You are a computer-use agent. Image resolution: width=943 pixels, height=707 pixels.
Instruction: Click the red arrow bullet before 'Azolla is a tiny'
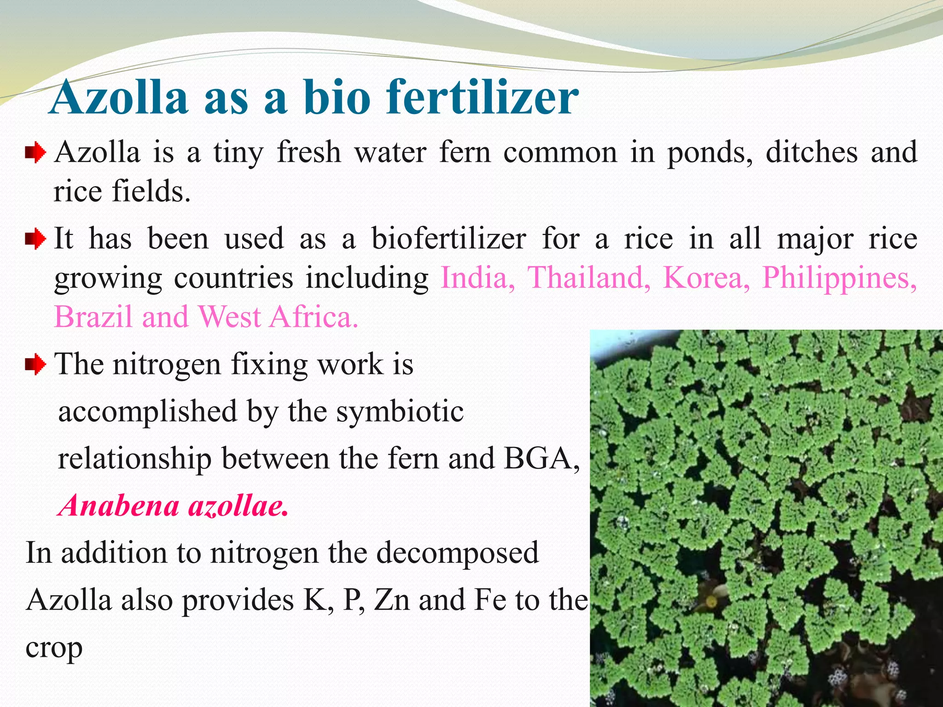tap(35, 153)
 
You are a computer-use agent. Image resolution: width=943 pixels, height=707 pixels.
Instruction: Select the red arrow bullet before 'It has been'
tap(35, 239)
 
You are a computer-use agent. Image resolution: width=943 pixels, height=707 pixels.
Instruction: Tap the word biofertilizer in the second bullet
tap(448, 239)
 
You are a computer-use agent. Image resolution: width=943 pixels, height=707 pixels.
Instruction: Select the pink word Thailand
tap(588, 278)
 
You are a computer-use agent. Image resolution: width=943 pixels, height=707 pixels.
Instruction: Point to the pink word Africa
tap(313, 317)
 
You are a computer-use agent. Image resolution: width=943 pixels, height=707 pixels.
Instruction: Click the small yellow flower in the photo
tap(711, 601)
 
